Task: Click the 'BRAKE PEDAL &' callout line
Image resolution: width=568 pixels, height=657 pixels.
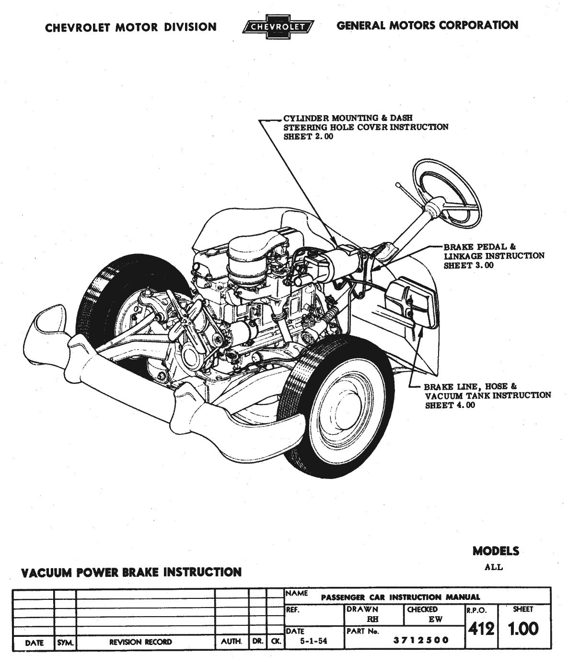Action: pyautogui.click(x=480, y=247)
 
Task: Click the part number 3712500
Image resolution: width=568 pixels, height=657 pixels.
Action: pyautogui.click(x=421, y=640)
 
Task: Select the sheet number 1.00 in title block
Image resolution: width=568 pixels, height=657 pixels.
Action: pyautogui.click(x=523, y=629)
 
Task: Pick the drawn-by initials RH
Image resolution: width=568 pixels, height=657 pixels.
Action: pyautogui.click(x=372, y=620)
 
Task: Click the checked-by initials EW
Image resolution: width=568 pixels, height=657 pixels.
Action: pyautogui.click(x=435, y=620)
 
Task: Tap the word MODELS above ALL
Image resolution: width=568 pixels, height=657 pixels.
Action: pyautogui.click(x=496, y=551)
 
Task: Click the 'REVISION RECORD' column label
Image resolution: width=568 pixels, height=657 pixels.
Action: pyautogui.click(x=140, y=642)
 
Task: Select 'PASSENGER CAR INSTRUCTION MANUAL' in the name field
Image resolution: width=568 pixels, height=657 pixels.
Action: pyautogui.click(x=400, y=597)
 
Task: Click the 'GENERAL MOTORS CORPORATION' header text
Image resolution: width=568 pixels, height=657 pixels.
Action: pyautogui.click(x=427, y=25)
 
